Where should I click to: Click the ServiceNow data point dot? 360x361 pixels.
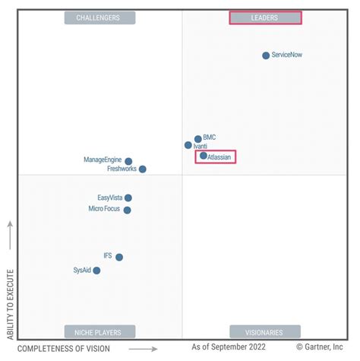[266, 55]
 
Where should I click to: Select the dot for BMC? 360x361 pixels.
[198, 139]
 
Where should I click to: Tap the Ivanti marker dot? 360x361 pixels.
[188, 145]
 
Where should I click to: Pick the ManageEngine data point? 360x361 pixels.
[128, 161]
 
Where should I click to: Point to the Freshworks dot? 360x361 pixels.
[143, 169]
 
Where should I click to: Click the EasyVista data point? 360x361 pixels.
[128, 198]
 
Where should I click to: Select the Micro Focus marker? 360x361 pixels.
[128, 210]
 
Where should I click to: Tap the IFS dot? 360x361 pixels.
[119, 257]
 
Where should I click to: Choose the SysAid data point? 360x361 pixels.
[96, 271]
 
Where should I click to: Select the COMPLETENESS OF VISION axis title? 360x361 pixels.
[64, 349]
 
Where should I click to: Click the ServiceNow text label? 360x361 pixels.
[288, 55]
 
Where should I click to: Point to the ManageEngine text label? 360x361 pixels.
[103, 160]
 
